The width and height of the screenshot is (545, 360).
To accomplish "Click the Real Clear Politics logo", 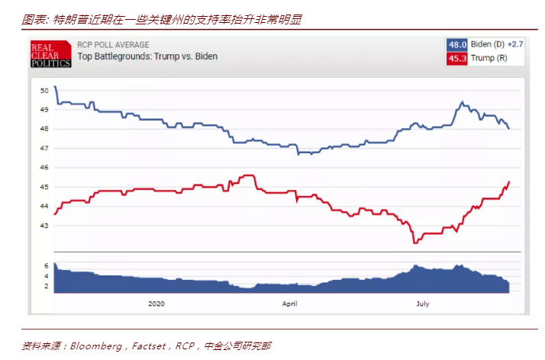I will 50,53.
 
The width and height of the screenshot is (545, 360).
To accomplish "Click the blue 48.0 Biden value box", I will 456,44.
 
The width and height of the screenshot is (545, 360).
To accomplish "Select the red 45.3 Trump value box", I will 456,58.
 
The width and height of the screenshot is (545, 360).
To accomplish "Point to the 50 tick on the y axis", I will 44,90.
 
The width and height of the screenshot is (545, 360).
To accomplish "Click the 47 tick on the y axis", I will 44,148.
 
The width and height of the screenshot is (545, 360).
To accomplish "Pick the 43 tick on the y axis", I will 44,226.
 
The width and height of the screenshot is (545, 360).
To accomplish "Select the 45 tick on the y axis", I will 44,187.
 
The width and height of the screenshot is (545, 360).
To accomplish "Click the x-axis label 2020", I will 156,304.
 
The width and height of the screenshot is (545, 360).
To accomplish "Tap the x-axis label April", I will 289,304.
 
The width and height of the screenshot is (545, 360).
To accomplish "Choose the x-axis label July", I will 422,304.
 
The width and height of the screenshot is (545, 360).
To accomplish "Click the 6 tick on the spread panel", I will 47,265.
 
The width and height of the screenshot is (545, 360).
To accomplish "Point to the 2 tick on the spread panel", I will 47,286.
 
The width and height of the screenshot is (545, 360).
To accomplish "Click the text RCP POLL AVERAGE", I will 113,45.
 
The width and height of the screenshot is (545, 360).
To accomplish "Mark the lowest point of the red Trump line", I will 414,243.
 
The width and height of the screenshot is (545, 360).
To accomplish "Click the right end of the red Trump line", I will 509,182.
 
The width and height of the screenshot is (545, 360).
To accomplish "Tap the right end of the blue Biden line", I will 509,128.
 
